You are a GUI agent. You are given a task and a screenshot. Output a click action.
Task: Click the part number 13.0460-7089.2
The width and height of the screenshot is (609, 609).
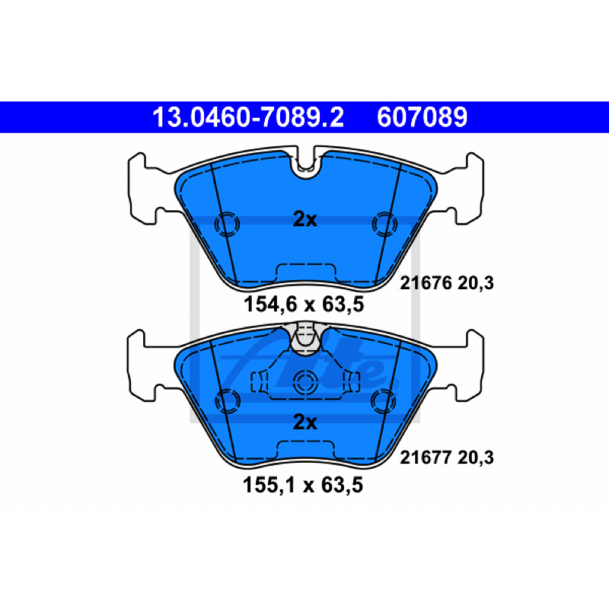click(x=248, y=117)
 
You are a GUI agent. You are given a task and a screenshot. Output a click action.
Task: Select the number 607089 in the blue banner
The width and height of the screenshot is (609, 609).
click(x=422, y=117)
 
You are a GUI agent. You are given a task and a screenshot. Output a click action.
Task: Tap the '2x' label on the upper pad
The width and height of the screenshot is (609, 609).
click(x=305, y=220)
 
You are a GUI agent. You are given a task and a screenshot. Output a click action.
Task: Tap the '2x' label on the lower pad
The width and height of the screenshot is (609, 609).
click(x=305, y=422)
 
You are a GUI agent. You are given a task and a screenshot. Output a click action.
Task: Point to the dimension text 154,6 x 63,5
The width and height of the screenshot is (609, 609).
click(x=304, y=304)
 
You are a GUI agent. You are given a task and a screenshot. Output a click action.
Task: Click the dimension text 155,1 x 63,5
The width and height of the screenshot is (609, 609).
click(x=303, y=485)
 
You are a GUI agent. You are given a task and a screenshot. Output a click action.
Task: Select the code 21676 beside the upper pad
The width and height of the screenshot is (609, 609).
click(x=426, y=283)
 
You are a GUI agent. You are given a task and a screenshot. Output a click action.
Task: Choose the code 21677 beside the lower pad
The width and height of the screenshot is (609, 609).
click(x=426, y=458)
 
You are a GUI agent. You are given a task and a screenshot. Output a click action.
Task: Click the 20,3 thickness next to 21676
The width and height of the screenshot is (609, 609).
click(x=475, y=283)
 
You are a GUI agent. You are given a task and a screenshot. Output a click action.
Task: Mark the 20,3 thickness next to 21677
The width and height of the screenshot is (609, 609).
click(x=475, y=458)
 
